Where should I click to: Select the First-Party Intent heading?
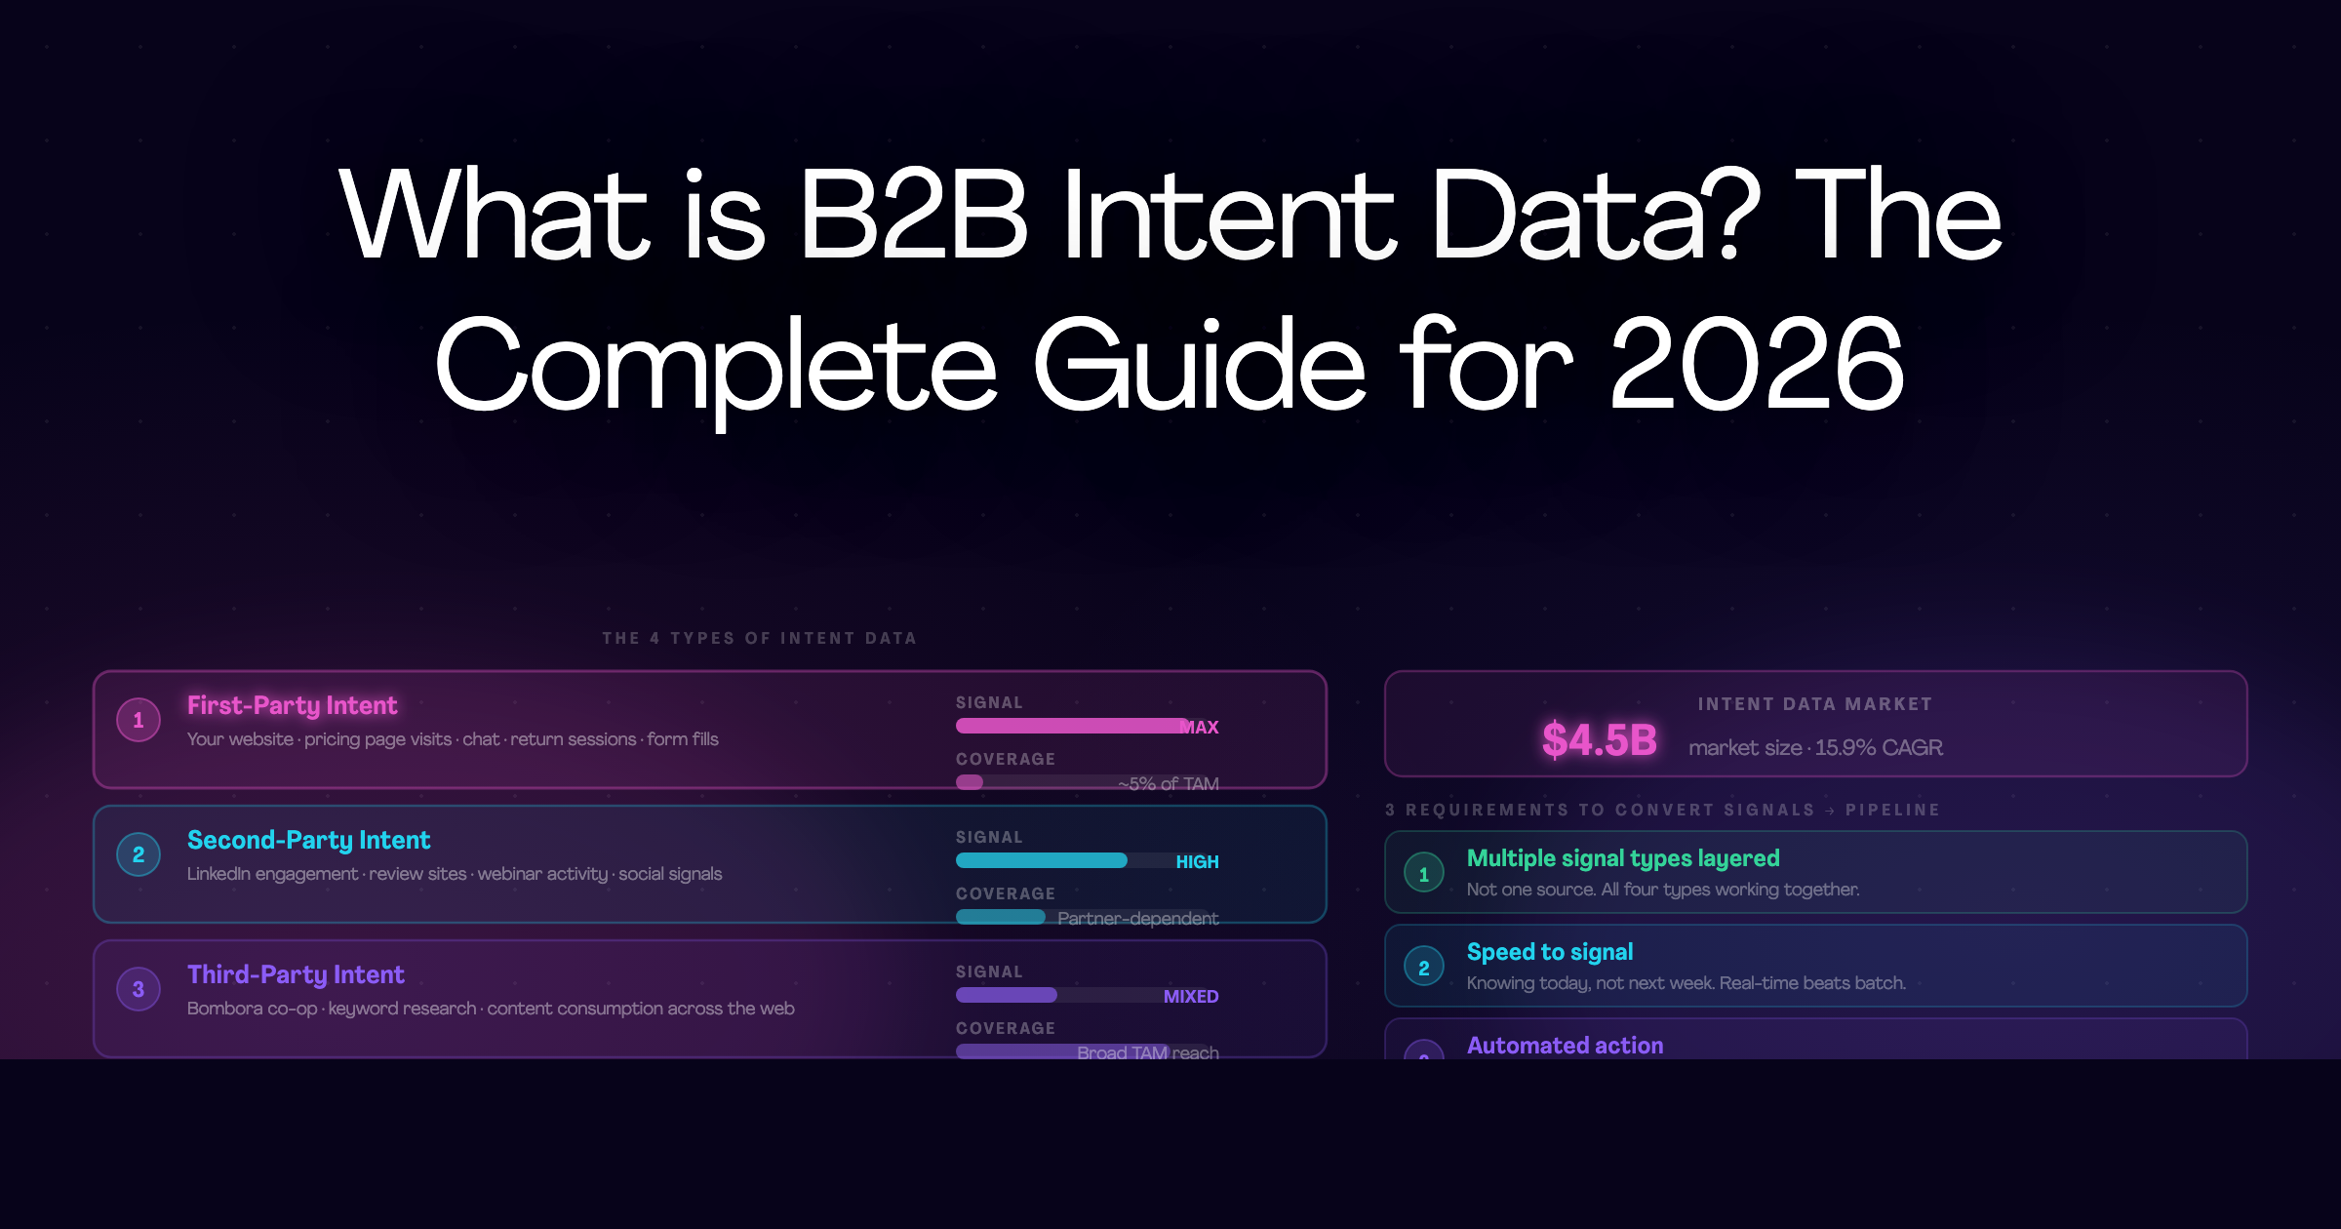pos(292,705)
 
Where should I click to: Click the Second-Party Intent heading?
pos(308,840)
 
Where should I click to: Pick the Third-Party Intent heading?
pos(296,974)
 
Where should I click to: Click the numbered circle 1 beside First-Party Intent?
pos(139,720)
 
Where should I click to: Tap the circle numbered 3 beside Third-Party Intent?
pos(139,989)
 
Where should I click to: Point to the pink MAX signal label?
pos(1199,728)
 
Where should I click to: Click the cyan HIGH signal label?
pos(1197,862)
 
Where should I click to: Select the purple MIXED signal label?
pos(1191,997)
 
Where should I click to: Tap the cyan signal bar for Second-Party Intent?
pos(1041,860)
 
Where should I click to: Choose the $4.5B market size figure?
pos(1599,740)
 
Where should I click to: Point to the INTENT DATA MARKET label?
pos(1814,704)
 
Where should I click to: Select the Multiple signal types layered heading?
pos(1623,858)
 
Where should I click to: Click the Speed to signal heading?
pos(1549,952)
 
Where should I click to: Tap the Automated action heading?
pos(1565,1046)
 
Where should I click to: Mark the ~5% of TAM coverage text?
pos(1168,784)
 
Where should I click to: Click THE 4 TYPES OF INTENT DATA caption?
pos(759,638)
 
